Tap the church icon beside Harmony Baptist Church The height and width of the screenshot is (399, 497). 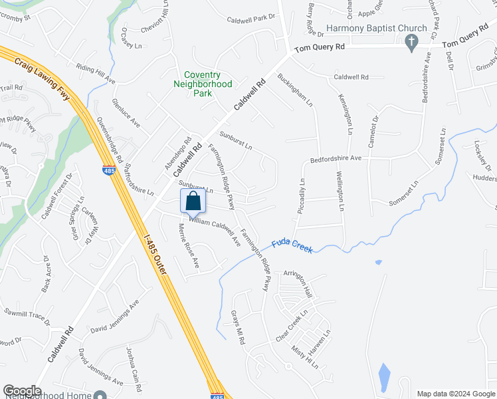[x=411, y=41]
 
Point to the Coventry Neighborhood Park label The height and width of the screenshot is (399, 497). [x=203, y=84]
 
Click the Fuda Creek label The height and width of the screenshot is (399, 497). [x=292, y=245]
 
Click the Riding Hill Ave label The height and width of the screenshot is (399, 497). [x=96, y=74]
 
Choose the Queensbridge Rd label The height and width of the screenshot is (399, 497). [x=110, y=140]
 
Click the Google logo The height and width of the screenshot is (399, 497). [x=22, y=391]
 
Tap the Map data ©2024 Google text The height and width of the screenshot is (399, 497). [x=455, y=394]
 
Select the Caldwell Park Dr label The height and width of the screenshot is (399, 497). [x=250, y=19]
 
